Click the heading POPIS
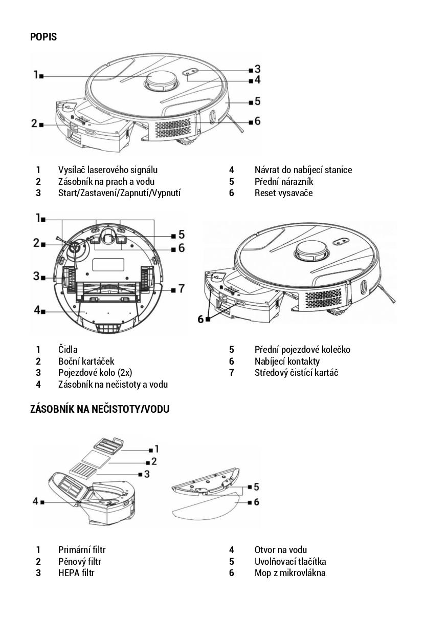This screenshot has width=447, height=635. (43, 37)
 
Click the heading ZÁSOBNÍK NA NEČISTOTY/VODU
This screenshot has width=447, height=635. (100, 409)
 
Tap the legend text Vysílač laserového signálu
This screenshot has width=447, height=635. (108, 170)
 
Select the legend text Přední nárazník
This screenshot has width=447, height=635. (284, 181)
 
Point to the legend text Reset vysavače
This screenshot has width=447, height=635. (284, 193)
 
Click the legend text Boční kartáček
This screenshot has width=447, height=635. (86, 361)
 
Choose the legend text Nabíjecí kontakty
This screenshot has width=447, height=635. (287, 361)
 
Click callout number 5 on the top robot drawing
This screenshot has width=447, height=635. (257, 101)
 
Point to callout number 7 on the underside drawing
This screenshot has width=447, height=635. (182, 289)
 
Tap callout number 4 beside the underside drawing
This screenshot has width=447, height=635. (37, 310)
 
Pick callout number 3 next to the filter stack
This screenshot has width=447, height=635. (147, 474)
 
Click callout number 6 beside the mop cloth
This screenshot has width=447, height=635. (256, 502)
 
